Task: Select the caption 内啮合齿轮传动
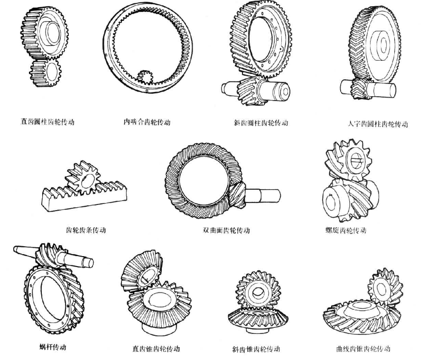147,122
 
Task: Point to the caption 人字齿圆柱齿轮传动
377,124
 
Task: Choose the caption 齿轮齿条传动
86,230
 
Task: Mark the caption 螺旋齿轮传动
346,231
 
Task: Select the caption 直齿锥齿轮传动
156,349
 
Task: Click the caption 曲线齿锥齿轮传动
362,349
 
